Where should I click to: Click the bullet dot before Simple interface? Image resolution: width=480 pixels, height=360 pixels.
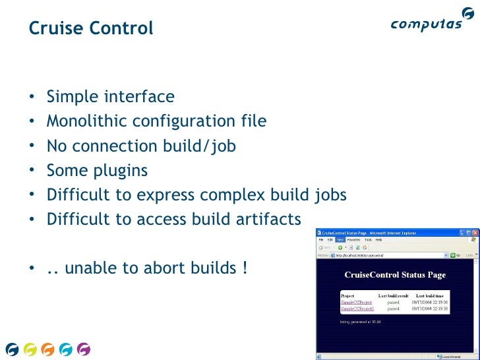(32, 98)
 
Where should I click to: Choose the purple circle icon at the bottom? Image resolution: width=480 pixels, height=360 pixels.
(83, 349)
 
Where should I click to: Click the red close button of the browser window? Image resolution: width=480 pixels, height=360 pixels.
(473, 233)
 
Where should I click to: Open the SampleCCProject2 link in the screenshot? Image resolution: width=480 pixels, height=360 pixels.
(357, 309)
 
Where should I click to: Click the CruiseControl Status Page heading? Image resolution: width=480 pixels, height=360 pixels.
(395, 275)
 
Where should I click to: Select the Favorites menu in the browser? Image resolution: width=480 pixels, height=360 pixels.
(353, 240)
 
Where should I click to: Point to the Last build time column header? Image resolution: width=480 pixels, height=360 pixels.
(431, 296)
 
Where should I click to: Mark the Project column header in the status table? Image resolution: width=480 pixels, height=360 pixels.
(347, 296)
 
